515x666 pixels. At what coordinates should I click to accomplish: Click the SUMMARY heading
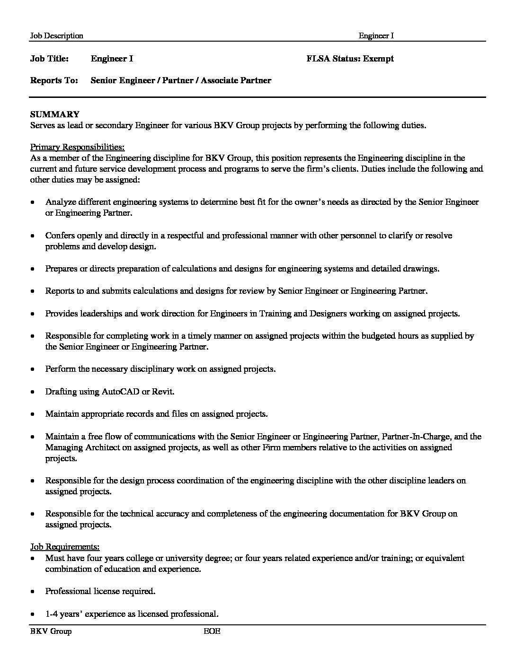click(x=54, y=114)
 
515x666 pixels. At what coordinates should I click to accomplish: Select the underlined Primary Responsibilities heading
click(x=77, y=147)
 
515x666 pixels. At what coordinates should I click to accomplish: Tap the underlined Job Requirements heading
click(x=65, y=547)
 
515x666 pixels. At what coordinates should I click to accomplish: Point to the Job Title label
click(x=49, y=59)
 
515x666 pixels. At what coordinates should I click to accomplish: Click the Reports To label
click(x=54, y=80)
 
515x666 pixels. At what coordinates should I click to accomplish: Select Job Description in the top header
click(x=56, y=36)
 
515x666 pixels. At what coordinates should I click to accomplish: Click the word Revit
click(x=162, y=392)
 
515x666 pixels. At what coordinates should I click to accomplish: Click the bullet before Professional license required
click(x=32, y=592)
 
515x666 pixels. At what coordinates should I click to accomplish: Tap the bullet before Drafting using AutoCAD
click(x=32, y=392)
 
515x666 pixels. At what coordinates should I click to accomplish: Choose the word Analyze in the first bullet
click(x=60, y=202)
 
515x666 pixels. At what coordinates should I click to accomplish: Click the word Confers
click(x=60, y=236)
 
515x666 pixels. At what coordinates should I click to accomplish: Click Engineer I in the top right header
click(x=376, y=36)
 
